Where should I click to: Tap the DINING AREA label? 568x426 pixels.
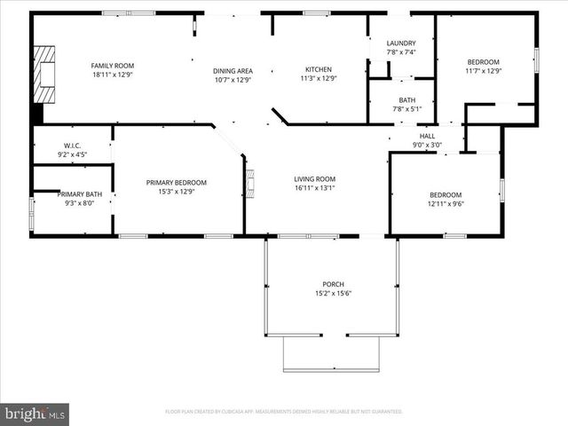pyautogui.click(x=233, y=71)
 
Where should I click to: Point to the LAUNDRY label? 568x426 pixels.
pyautogui.click(x=400, y=43)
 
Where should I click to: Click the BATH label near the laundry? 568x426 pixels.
pyautogui.click(x=406, y=100)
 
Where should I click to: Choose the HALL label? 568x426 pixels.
pyautogui.click(x=427, y=136)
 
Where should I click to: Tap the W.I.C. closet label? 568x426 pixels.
pyautogui.click(x=72, y=146)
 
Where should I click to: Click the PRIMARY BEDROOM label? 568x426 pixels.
pyautogui.click(x=176, y=183)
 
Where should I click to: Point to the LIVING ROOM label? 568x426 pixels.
pyautogui.click(x=314, y=179)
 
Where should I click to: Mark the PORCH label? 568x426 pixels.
pyautogui.click(x=333, y=284)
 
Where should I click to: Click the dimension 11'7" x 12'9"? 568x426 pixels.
pyautogui.click(x=484, y=72)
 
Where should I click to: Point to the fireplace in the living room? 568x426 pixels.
pyautogui.click(x=250, y=184)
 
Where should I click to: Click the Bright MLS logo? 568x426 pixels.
pyautogui.click(x=35, y=414)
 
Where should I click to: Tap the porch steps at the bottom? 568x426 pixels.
pyautogui.click(x=331, y=354)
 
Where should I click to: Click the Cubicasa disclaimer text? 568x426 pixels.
pyautogui.click(x=283, y=412)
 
